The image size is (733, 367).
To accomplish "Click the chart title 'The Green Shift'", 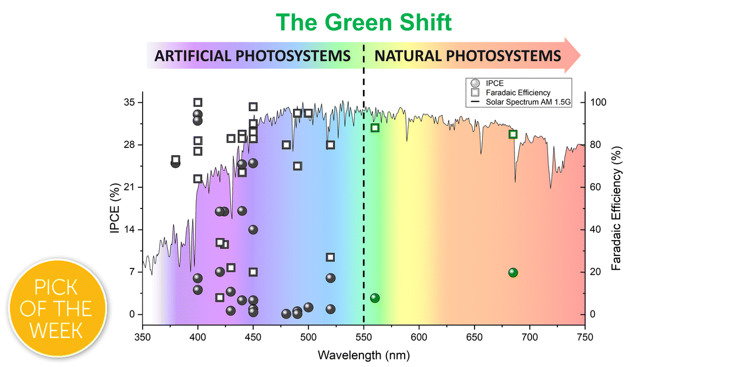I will pyautogui.click(x=364, y=22).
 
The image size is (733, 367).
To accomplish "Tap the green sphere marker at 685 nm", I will pyautogui.click(x=513, y=272).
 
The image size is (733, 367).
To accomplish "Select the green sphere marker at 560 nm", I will pyautogui.click(x=375, y=298).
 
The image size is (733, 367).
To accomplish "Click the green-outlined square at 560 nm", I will pyautogui.click(x=375, y=128).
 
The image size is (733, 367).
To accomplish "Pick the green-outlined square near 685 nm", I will pyautogui.click(x=513, y=134).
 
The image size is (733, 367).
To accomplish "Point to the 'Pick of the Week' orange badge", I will pyautogui.click(x=58, y=309).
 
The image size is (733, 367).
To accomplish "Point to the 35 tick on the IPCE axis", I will pyautogui.click(x=128, y=103).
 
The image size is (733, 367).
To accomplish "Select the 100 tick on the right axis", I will pyautogui.click(x=598, y=103).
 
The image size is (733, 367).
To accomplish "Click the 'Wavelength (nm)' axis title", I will pyautogui.click(x=364, y=355).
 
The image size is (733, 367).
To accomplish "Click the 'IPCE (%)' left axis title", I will pyautogui.click(x=116, y=208).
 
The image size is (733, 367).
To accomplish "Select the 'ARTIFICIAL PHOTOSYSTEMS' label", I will pyautogui.click(x=253, y=56).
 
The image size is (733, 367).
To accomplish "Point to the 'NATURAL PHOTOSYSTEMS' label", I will pyautogui.click(x=468, y=56).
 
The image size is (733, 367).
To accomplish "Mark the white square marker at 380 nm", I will pyautogui.click(x=176, y=160).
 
